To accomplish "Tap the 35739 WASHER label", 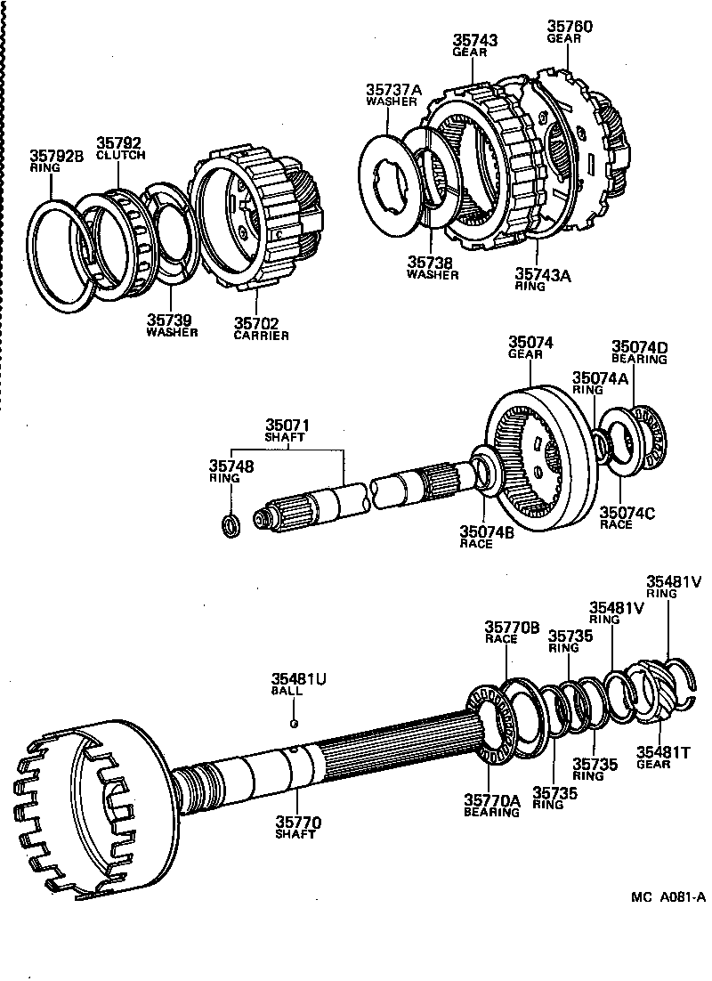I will tap(172, 324).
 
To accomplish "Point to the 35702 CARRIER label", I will tap(261, 328).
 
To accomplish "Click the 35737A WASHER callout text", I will tap(392, 94).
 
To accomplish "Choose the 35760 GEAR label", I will tap(568, 32).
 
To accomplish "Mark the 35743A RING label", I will tap(542, 280).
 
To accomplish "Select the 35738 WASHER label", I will tap(433, 268).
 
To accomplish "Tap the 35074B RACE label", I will tap(487, 537).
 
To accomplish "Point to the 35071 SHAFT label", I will tap(284, 430).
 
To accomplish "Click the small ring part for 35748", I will tap(230, 525).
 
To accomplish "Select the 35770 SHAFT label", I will tap(297, 827).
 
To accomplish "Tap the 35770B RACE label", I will tap(512, 631).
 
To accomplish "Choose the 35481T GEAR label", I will tap(659, 758).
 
